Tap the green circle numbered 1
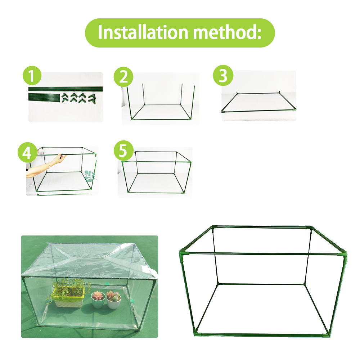click(x=32, y=75)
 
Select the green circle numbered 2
click(x=123, y=77)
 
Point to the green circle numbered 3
click(x=223, y=75)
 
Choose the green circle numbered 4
click(x=27, y=152)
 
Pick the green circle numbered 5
click(x=123, y=150)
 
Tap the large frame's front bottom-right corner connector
click(x=327, y=334)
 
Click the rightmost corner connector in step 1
click(x=92, y=99)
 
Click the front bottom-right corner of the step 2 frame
click(x=190, y=118)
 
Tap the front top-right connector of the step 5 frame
click(x=189, y=162)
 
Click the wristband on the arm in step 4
click(x=49, y=165)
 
